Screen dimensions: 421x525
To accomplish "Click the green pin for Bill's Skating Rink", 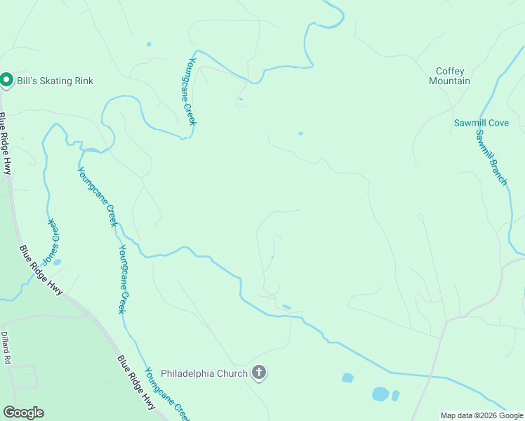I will click(6, 81).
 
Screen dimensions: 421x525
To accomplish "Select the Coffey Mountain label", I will click(450, 76).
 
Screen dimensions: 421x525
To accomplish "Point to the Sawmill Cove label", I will click(481, 123).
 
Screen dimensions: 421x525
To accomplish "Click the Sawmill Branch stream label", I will click(491, 157).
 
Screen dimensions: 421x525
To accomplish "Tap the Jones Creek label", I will click(51, 241).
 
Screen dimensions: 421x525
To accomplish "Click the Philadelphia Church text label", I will click(204, 373).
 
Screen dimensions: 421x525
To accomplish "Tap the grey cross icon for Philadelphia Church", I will click(259, 373).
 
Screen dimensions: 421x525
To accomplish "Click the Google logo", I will click(23, 413).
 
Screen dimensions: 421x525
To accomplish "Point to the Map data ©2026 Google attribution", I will click(481, 415).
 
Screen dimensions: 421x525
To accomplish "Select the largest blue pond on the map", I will click(380, 394).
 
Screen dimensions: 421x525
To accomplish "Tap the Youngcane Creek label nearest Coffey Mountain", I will click(188, 91).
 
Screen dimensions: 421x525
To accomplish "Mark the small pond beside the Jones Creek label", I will click(57, 262).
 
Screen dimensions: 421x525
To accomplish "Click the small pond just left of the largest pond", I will click(347, 378).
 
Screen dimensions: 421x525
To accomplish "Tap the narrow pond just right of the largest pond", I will click(395, 396).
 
